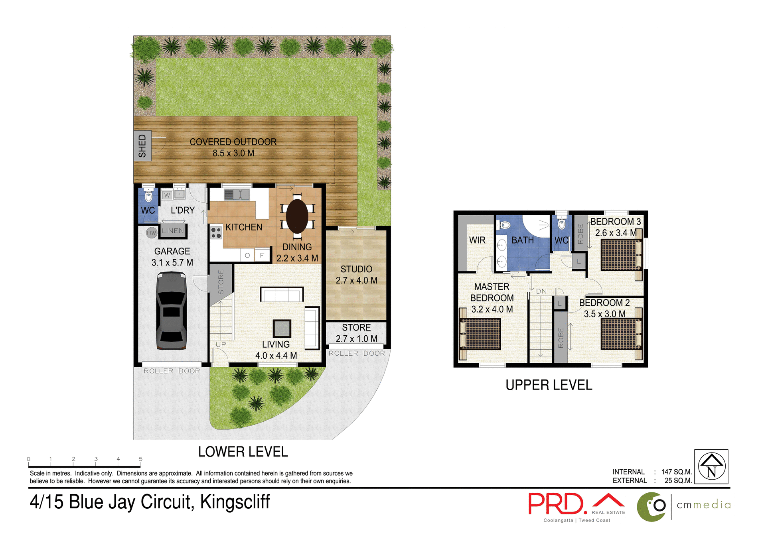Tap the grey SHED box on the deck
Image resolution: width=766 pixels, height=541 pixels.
pyautogui.click(x=142, y=146)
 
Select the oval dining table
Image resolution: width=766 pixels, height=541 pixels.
pyautogui.click(x=297, y=216)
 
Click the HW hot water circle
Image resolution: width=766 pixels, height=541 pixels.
pyautogui.click(x=152, y=233)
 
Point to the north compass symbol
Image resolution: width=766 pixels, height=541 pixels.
pyautogui.click(x=711, y=466)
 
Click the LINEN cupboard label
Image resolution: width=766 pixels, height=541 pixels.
pyautogui.click(x=173, y=231)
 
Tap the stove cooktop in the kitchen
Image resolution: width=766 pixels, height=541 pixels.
pyautogui.click(x=216, y=233)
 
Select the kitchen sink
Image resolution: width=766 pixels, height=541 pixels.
pyautogui.click(x=237, y=195)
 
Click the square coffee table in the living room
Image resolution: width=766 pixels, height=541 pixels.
pyautogui.click(x=282, y=329)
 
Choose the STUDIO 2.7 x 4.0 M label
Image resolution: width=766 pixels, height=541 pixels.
pyautogui.click(x=356, y=275)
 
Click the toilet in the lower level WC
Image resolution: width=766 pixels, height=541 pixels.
pyautogui.click(x=148, y=195)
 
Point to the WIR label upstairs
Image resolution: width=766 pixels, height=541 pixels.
pyautogui.click(x=477, y=240)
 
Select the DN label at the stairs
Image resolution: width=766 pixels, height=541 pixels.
pyautogui.click(x=541, y=291)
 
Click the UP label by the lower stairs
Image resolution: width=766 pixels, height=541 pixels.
pyautogui.click(x=221, y=344)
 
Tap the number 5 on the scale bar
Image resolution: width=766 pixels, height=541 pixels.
pyautogui.click(x=140, y=459)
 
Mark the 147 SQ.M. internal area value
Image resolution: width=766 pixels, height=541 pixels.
pyautogui.click(x=676, y=472)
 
